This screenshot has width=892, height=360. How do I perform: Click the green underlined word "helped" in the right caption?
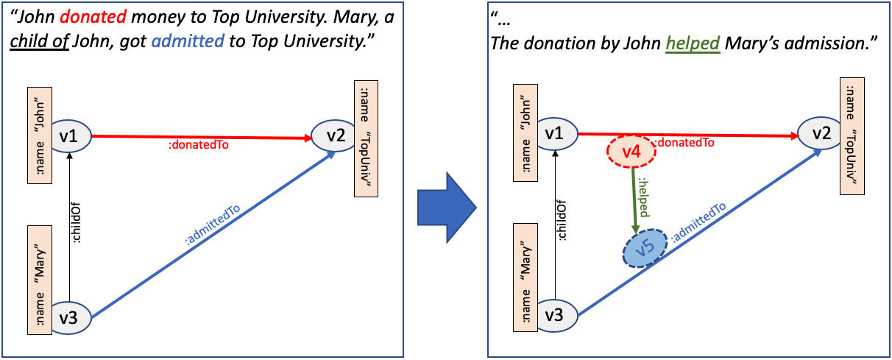pos(693,43)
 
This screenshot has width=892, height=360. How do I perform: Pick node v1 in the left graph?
pos(69,135)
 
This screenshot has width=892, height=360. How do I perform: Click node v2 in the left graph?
pos(336,135)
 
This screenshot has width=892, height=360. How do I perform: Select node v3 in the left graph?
pos(69,318)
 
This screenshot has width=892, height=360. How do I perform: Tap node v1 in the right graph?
pos(557,133)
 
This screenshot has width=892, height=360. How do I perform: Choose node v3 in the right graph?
pos(557,316)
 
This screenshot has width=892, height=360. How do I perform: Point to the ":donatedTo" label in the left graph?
pos(199,146)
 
